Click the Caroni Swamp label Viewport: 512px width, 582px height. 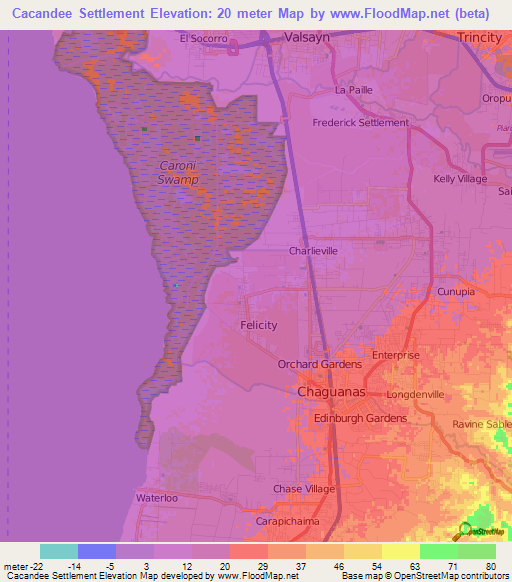(179, 172)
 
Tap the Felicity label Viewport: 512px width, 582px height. (259, 325)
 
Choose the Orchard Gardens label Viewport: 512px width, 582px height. (320, 364)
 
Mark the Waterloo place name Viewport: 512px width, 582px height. (155, 496)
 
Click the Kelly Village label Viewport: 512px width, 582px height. (460, 179)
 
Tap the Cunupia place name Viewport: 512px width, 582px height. (456, 291)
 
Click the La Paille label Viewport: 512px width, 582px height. (354, 90)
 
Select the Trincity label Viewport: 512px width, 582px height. (479, 37)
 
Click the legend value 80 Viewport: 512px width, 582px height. (490, 565)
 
